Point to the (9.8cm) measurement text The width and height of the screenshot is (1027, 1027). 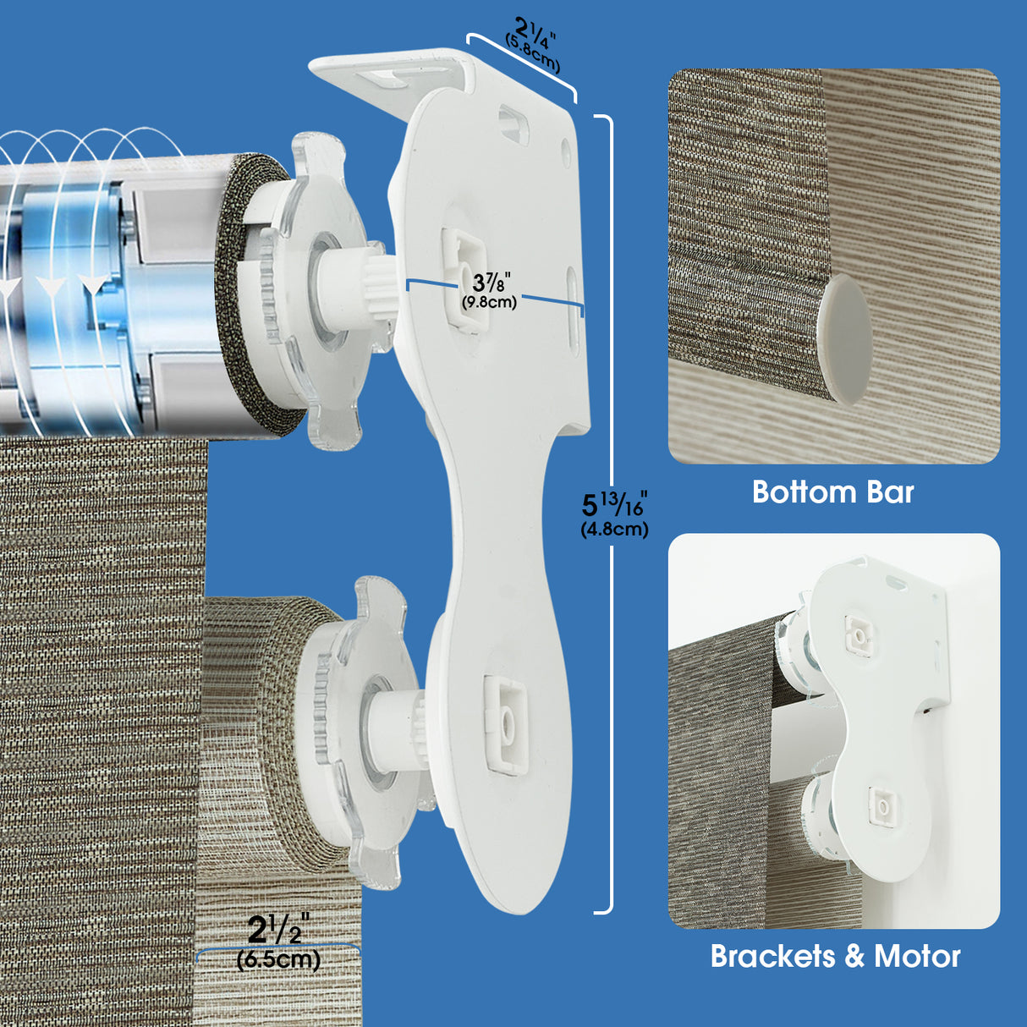coord(489,302)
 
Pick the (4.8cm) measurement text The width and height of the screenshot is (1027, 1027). coord(614,530)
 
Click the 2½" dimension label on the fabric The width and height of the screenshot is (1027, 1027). coord(278,931)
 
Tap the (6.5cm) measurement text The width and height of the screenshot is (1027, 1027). coord(278,959)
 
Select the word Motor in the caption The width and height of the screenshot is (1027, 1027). coord(917,957)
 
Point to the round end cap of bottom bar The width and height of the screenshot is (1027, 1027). coord(843,335)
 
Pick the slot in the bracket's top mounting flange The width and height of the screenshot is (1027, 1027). coord(390,79)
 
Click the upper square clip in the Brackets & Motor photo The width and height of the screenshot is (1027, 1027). coord(859,634)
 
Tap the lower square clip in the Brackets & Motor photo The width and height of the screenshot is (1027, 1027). coord(882,805)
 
